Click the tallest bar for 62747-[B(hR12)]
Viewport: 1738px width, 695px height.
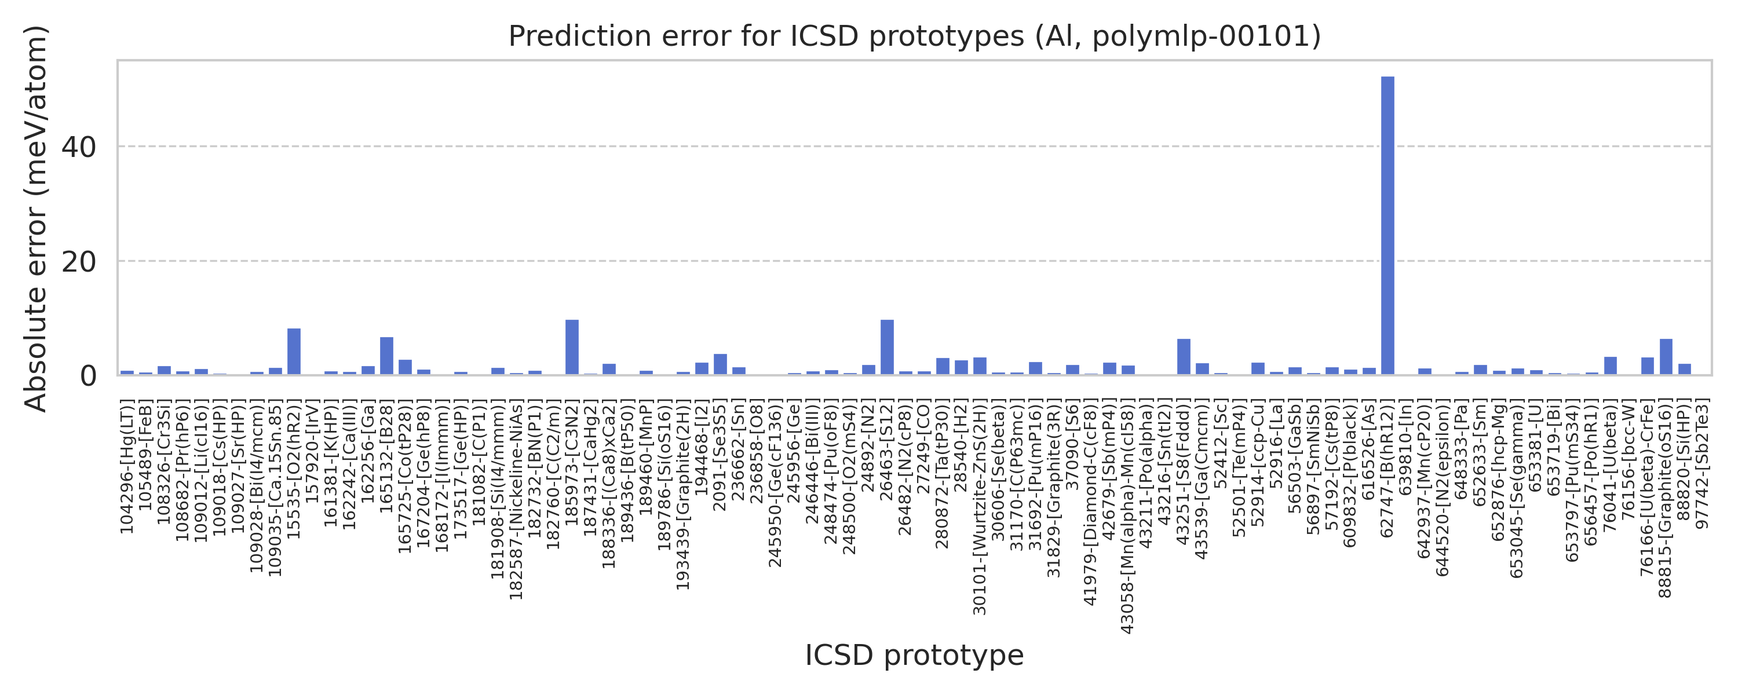point(1387,225)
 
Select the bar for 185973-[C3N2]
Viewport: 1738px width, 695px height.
point(571,348)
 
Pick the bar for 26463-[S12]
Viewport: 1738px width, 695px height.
point(887,348)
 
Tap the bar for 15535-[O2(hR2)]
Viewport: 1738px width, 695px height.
point(294,352)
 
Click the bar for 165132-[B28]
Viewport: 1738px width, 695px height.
point(386,356)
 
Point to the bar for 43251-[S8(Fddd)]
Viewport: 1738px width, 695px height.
point(1184,357)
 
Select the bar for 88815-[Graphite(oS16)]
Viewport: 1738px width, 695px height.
point(1666,357)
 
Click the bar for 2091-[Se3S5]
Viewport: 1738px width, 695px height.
point(720,364)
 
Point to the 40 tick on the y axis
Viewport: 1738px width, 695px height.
point(79,147)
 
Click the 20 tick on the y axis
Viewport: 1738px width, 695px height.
point(79,262)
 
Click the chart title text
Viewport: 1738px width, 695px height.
point(914,36)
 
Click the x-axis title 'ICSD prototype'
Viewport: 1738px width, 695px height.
point(914,655)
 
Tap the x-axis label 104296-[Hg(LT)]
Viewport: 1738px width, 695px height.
point(127,466)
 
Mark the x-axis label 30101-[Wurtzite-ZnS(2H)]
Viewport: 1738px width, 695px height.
point(980,506)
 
